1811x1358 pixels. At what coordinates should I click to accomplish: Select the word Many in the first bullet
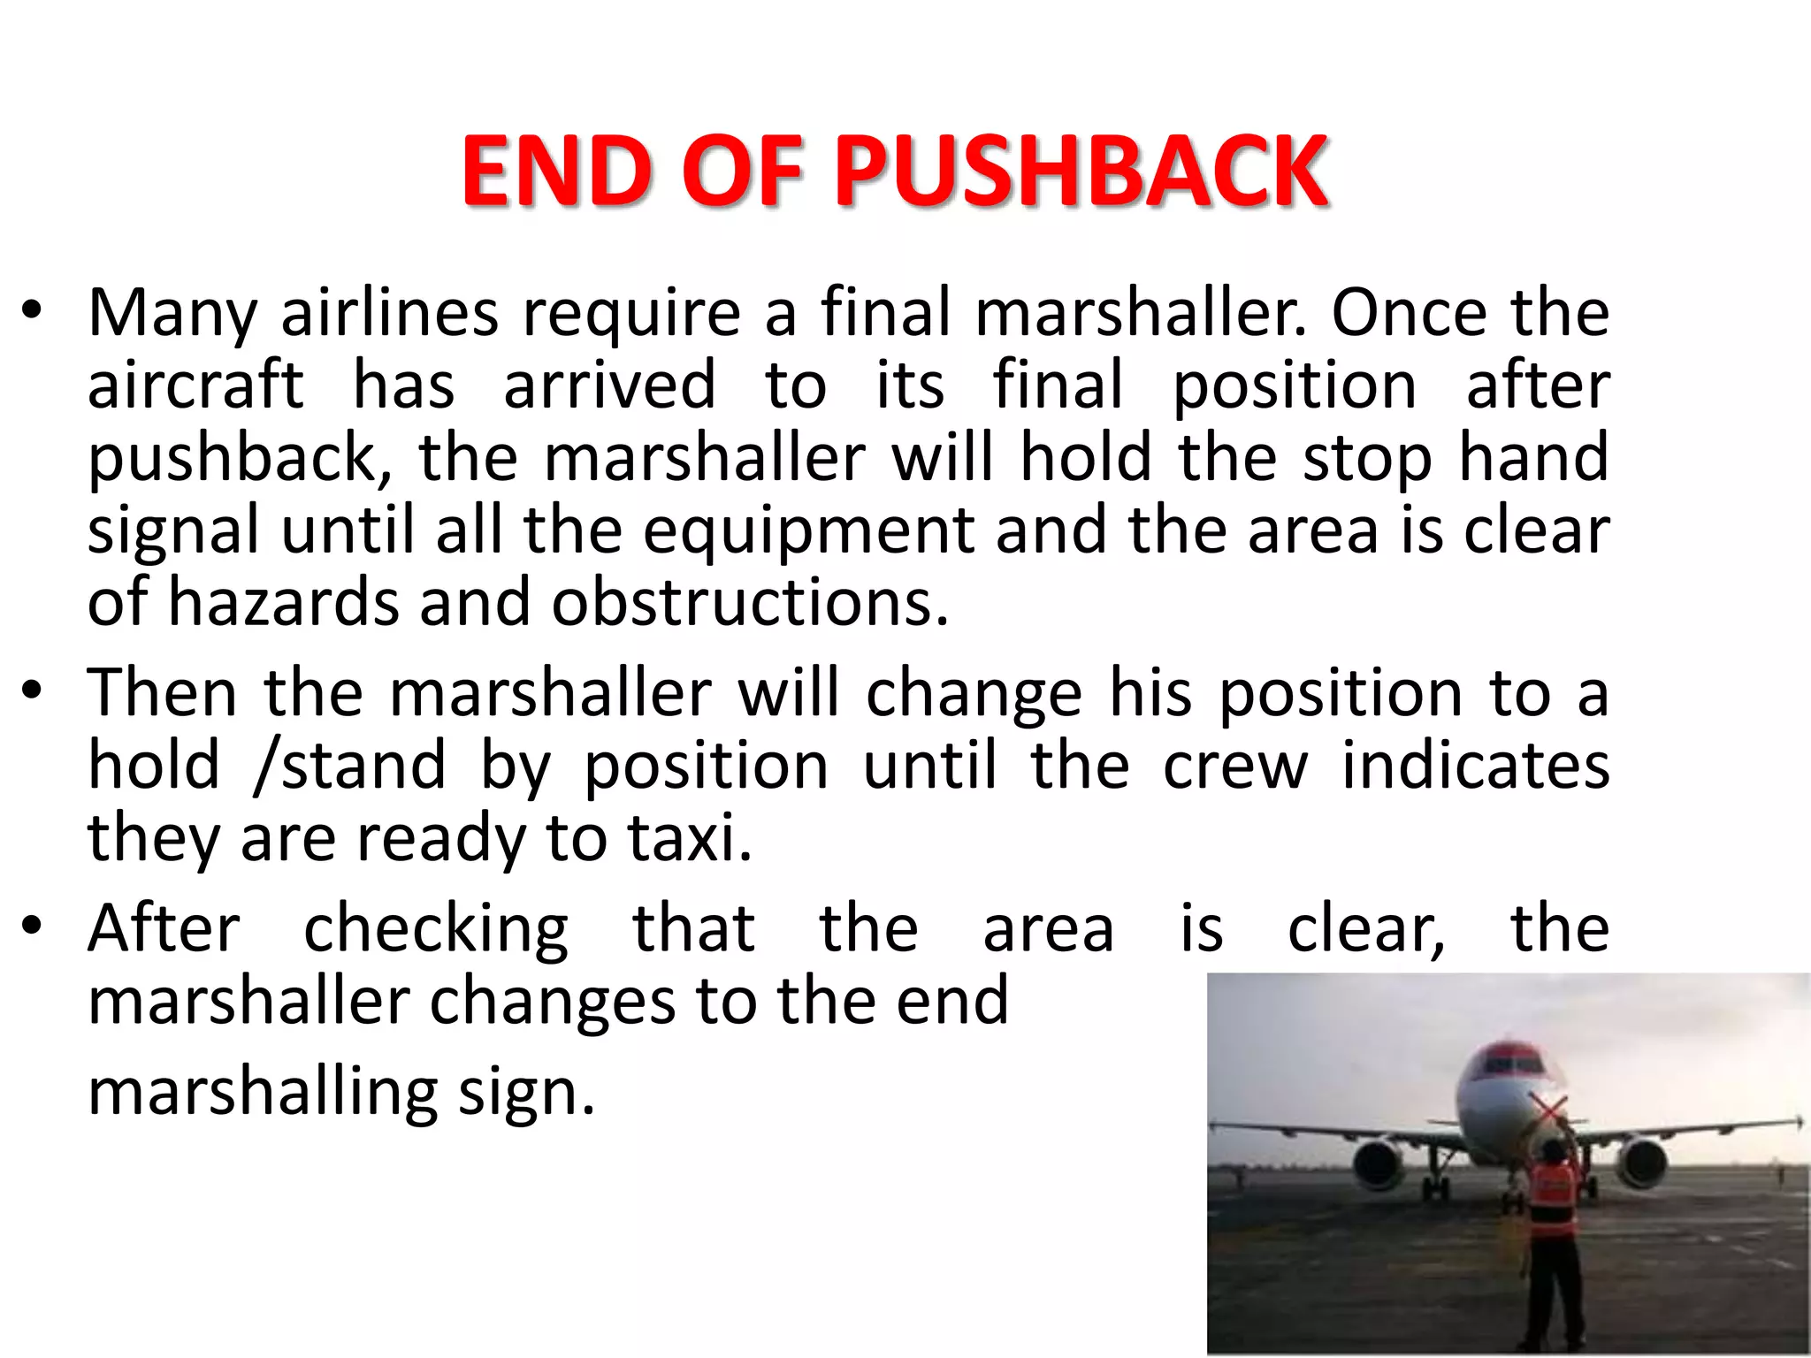tap(173, 314)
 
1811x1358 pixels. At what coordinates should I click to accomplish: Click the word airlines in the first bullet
tap(390, 314)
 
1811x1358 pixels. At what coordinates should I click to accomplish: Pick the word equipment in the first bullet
tap(808, 531)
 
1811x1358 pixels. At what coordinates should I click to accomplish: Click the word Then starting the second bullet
tap(163, 694)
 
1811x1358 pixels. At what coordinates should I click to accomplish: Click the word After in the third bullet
tap(164, 929)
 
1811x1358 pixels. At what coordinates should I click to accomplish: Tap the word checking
tap(436, 931)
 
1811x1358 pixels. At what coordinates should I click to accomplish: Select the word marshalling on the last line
tap(263, 1093)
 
